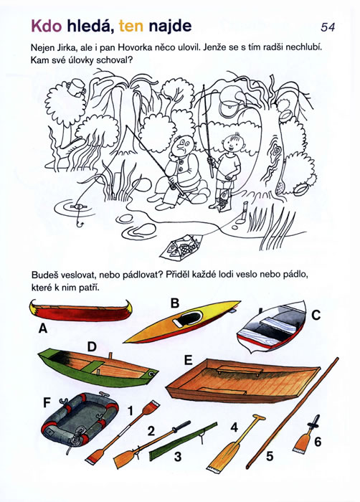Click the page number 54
(328, 27)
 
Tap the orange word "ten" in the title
(131, 27)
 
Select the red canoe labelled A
(80, 311)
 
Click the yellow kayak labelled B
(182, 321)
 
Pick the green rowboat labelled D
(98, 367)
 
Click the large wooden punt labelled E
(242, 381)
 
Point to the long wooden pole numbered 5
(292, 412)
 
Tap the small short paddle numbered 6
(306, 435)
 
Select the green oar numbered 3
(183, 442)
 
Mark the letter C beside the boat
(316, 316)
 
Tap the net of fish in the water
(181, 247)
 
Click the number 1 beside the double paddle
(131, 411)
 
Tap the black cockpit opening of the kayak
(190, 318)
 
